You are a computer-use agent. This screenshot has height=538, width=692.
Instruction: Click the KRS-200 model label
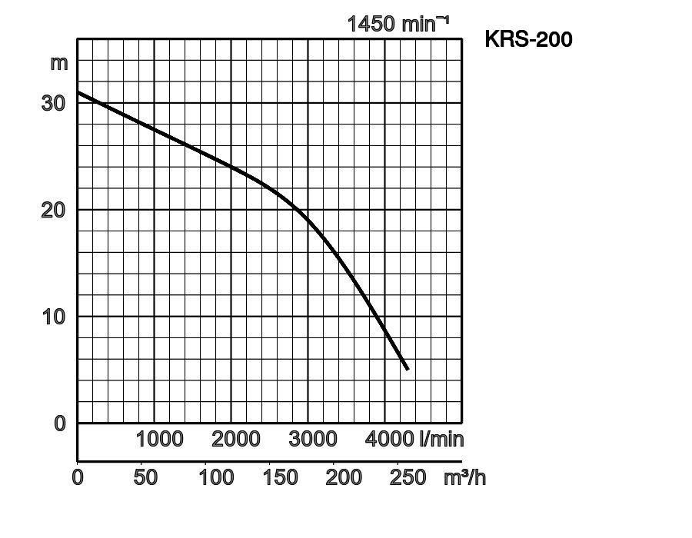(x=528, y=40)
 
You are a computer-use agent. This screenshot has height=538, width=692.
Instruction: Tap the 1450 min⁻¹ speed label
(x=398, y=24)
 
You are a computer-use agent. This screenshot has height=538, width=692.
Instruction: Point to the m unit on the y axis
(x=59, y=62)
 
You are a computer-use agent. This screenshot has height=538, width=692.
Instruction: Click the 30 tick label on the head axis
(x=53, y=102)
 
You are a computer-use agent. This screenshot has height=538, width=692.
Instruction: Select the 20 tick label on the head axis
(x=53, y=209)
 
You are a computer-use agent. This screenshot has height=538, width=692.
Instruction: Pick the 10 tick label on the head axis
(x=53, y=316)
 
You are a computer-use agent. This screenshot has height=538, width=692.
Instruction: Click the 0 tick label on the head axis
(x=60, y=423)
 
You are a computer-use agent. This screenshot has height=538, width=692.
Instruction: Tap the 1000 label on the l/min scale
(x=159, y=440)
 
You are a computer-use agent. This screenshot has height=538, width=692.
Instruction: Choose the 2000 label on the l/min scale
(x=236, y=440)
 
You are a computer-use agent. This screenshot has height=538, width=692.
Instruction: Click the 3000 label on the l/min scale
(x=313, y=440)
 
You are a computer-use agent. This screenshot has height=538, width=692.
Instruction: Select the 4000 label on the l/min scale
(x=390, y=440)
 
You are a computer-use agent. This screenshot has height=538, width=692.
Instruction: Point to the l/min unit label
(x=441, y=440)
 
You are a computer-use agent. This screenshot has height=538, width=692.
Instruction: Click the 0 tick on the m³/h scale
(x=78, y=477)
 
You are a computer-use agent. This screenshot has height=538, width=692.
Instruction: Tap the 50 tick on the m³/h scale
(x=145, y=477)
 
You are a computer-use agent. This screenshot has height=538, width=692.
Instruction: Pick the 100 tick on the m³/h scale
(x=216, y=477)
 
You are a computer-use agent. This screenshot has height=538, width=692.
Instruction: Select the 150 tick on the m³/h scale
(x=280, y=477)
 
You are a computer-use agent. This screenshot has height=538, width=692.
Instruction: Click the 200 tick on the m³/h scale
(x=344, y=477)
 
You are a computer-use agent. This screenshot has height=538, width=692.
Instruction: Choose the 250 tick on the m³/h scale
(x=408, y=477)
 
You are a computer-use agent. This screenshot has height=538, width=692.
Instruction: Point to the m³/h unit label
(x=464, y=477)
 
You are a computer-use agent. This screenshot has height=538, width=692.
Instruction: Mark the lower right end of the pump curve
(x=407, y=369)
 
